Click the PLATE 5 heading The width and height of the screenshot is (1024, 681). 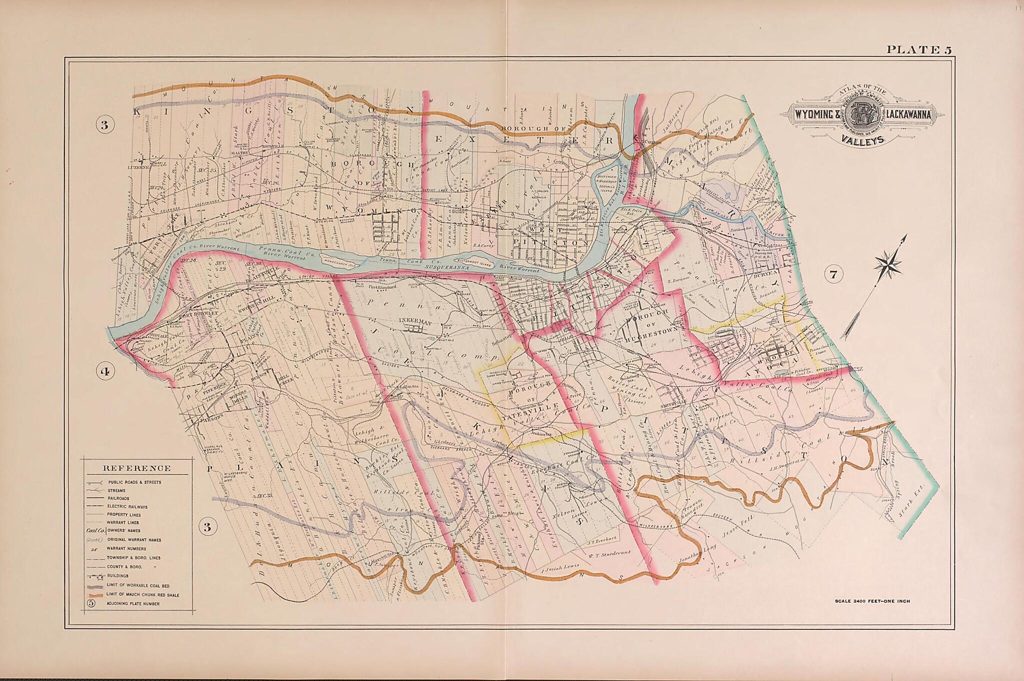tap(918, 49)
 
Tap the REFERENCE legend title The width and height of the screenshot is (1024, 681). tap(136, 468)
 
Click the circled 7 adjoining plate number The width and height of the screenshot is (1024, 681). tap(832, 274)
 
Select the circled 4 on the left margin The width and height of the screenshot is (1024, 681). tap(105, 371)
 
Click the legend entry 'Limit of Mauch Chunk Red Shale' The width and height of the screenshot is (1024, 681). tap(142, 595)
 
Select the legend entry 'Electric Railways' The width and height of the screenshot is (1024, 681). tap(127, 506)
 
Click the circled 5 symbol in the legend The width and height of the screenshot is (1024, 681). tap(90, 603)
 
